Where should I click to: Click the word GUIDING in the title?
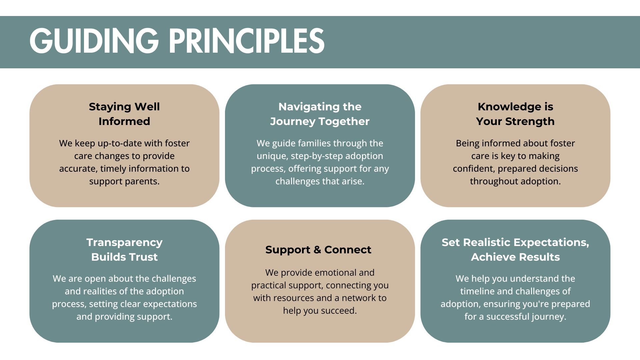click(94, 41)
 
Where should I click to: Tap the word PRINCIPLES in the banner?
click(247, 41)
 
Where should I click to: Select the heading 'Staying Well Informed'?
click(124, 114)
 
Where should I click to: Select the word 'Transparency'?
click(124, 243)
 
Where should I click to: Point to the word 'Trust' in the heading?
click(144, 257)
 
